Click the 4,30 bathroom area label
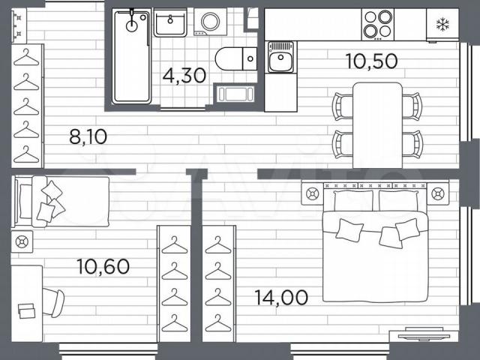pos(184,76)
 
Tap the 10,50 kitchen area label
pos(371,61)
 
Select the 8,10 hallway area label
pos(88,136)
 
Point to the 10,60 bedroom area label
pos(103,266)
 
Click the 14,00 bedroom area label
pos(281,297)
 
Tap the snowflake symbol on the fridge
pos(442,25)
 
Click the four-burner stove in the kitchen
pos(378,25)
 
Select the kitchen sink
pos(280,57)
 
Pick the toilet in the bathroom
pos(236,58)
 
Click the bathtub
pos(132,57)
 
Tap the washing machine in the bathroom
pos(210,22)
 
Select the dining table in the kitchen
pos(377,125)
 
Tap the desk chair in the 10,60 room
pos(53,303)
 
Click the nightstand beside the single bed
pos(22,241)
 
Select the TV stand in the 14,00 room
pos(424,336)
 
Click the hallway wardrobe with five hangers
pos(28,106)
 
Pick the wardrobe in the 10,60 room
pos(174,283)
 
